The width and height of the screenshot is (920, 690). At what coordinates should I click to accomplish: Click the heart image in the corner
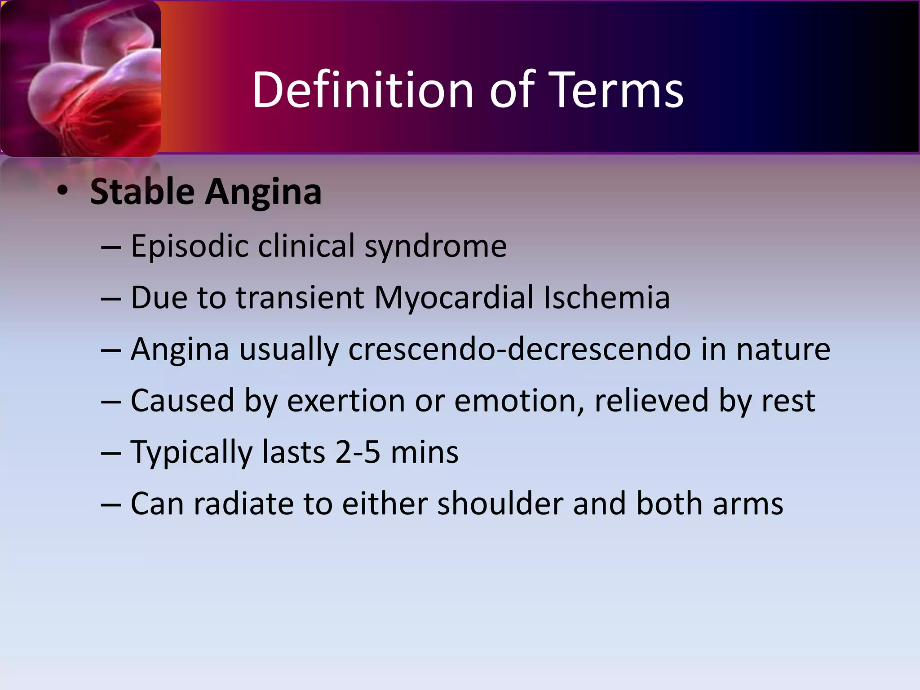[x=81, y=79]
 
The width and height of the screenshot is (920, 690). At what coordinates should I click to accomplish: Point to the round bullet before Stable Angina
[x=62, y=191]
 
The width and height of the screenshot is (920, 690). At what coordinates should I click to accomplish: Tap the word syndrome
[x=435, y=247]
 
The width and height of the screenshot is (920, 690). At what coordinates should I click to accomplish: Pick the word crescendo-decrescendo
[x=519, y=349]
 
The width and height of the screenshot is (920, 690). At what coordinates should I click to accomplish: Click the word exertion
[x=346, y=401]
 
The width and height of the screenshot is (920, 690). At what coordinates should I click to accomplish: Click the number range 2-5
[x=358, y=452]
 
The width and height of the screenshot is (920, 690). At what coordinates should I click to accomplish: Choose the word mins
[x=425, y=452]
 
